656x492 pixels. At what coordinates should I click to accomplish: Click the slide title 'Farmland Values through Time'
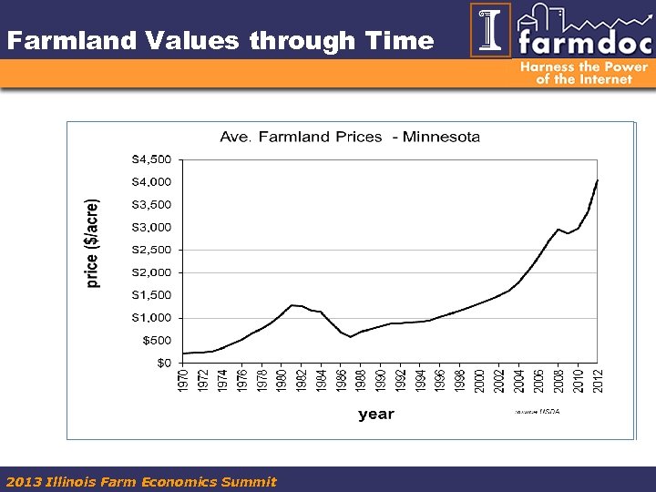coord(220,41)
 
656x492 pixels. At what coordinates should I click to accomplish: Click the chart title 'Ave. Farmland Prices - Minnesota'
coord(350,137)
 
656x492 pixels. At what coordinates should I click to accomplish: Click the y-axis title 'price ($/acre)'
coord(93,244)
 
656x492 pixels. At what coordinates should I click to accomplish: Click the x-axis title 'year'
coord(375,414)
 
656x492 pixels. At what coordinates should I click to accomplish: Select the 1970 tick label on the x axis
coord(183,381)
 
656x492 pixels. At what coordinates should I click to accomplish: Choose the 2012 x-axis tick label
coord(599,381)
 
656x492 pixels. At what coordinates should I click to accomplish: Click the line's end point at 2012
coord(598,180)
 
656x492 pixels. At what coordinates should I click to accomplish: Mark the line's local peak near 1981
coord(292,305)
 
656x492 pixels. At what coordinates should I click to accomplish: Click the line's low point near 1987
coord(351,337)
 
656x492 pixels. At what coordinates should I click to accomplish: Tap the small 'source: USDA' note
coord(538,412)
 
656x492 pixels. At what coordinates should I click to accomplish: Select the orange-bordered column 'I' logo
coord(490,30)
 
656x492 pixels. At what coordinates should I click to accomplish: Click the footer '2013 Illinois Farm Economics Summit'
coord(141,481)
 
